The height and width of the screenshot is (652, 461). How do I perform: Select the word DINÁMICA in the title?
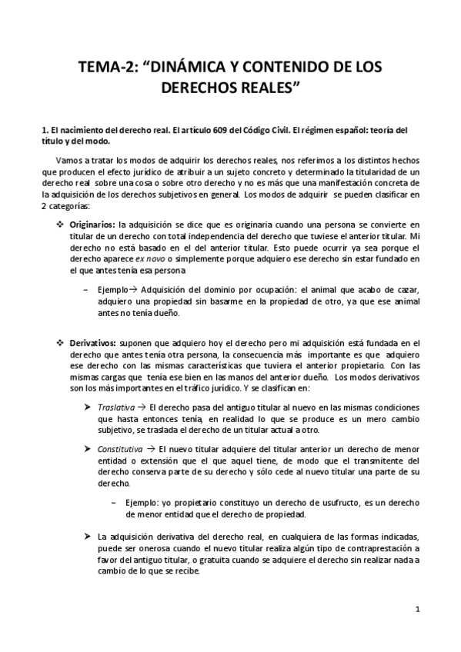click(x=192, y=67)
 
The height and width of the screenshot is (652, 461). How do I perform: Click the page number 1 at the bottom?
click(x=416, y=610)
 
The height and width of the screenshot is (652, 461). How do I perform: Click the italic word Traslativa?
click(x=115, y=405)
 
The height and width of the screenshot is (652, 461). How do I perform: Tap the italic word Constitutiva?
click(x=119, y=447)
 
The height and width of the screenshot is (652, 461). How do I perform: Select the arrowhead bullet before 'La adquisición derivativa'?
click(x=87, y=537)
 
